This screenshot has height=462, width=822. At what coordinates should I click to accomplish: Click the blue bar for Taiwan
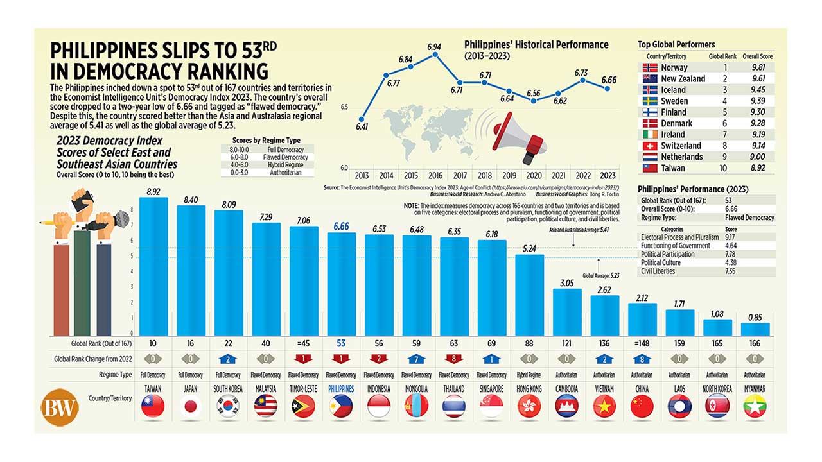153,266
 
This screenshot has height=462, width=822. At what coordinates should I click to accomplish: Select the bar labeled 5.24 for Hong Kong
530,295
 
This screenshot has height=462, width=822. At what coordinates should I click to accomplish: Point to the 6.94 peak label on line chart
434,47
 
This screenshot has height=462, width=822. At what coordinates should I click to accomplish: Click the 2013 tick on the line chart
362,175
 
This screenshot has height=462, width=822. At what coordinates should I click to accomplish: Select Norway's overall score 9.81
762,67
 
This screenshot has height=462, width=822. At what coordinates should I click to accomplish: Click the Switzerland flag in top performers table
650,146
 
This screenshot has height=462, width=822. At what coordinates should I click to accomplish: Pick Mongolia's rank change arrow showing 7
417,358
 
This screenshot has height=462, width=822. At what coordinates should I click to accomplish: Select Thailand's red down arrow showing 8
454,358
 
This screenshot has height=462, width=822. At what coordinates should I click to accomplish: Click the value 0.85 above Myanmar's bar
755,316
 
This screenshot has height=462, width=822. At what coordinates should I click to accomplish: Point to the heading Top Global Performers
676,44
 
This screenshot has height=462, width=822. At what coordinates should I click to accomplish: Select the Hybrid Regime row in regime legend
265,165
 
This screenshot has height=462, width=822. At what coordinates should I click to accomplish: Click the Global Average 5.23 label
601,275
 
